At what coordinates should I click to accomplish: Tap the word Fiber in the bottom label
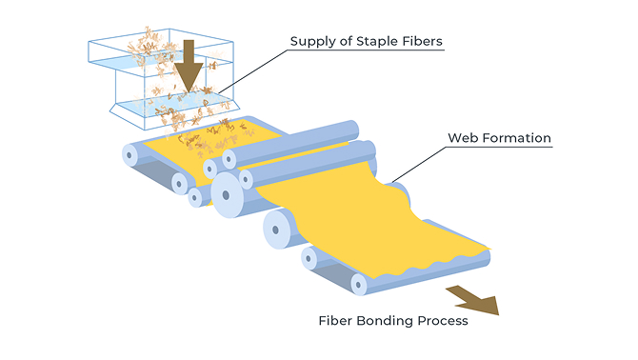tap(335, 321)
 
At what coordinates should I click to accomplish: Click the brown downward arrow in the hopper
tap(189, 67)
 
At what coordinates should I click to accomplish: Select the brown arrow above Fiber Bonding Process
tap(474, 299)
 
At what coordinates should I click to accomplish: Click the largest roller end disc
tap(227, 195)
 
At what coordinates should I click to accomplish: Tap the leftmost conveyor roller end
tap(130, 155)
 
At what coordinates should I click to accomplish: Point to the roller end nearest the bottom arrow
tap(358, 284)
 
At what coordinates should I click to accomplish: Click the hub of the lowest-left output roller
tap(309, 259)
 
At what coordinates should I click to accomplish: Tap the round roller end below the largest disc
tap(277, 230)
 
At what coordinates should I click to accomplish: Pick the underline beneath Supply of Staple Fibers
tap(366, 50)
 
